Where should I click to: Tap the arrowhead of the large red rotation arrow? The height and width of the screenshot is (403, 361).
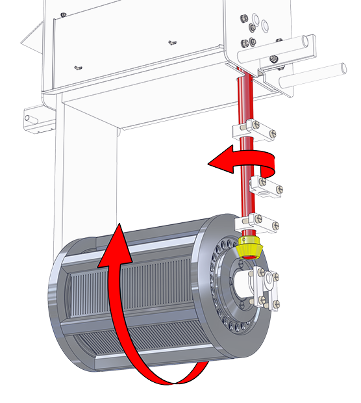117,242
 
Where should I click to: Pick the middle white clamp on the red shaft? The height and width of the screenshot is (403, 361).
266,189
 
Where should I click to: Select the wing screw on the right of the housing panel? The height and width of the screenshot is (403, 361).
172,43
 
